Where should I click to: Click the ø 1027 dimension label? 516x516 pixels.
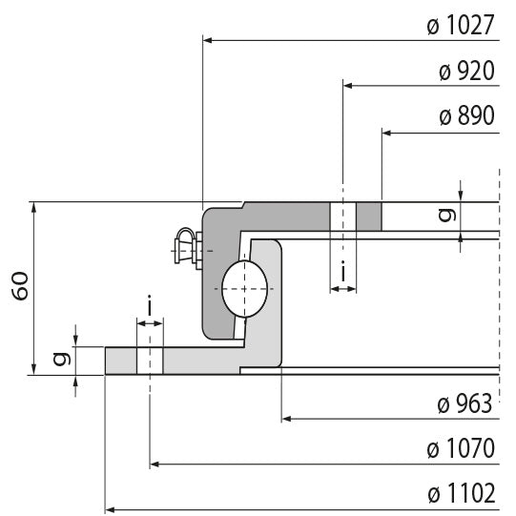click(x=461, y=26)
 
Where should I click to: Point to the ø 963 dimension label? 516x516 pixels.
click(x=464, y=403)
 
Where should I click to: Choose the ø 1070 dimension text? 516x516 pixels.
click(x=461, y=448)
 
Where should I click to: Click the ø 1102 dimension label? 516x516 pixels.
click(x=461, y=494)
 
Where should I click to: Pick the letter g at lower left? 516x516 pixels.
click(x=60, y=361)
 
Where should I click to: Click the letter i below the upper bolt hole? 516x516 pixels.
click(x=342, y=276)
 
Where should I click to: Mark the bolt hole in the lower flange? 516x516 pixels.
click(x=150, y=361)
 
